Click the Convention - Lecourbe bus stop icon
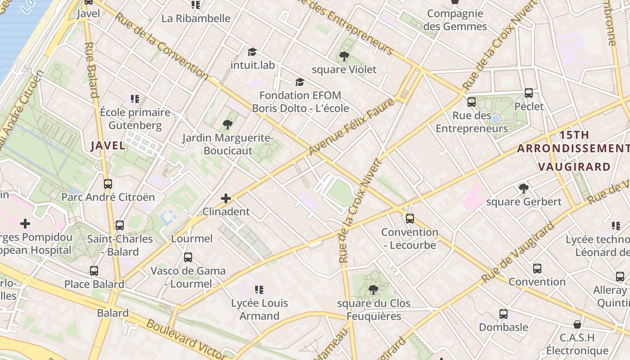[x=409, y=219]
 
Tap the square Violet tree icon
[x=344, y=56]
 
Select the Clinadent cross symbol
[x=226, y=198]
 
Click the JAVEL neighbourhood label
[x=108, y=145]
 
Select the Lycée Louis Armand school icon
[x=259, y=289]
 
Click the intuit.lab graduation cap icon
[x=252, y=52]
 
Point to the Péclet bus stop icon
[x=529, y=93]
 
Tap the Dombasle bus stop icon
[x=503, y=314]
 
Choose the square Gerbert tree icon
[x=523, y=188]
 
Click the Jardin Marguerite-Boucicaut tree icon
[x=227, y=124]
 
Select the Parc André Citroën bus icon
[x=108, y=184]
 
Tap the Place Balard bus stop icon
[x=94, y=271]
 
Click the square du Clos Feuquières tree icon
[x=373, y=289]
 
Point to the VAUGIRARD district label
[x=574, y=167]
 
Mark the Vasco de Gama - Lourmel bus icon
[x=188, y=257]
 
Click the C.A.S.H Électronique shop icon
[x=577, y=324]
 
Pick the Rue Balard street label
[x=91, y=70]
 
